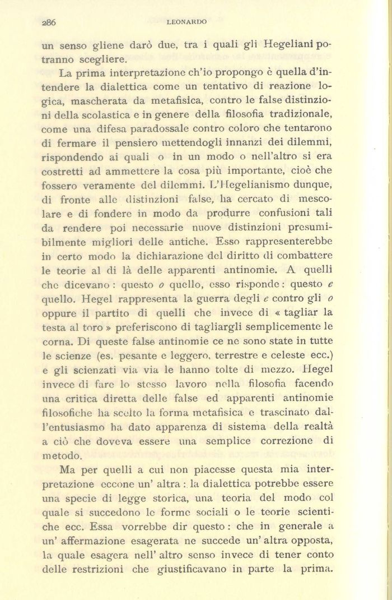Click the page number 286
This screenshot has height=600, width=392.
(x=50, y=22)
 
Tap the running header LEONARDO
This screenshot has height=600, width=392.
(x=187, y=22)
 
